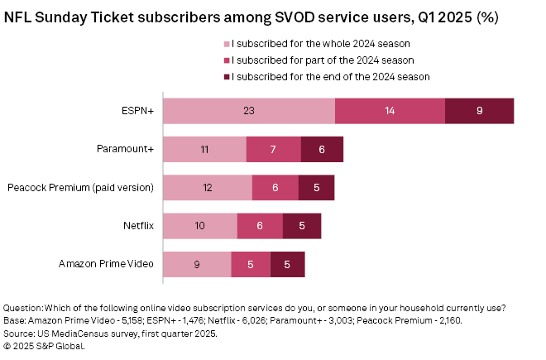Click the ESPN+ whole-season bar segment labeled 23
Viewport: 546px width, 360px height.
pos(248,111)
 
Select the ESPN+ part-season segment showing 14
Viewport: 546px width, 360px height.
pos(390,111)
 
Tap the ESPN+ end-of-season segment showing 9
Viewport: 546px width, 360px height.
pos(479,111)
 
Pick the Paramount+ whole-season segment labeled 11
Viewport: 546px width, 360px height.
pos(204,149)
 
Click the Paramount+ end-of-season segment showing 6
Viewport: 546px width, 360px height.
pos(322,149)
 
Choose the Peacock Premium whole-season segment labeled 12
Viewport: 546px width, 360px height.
pos(207,187)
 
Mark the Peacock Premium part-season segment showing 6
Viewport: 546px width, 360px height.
pos(275,187)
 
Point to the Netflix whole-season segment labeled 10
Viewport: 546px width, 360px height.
pos(199,225)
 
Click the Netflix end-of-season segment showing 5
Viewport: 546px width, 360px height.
pos(302,225)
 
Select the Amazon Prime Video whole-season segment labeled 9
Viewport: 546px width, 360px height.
pos(197,264)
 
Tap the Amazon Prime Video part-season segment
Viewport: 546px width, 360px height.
pos(251,264)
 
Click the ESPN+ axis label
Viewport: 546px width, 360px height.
pos(137,111)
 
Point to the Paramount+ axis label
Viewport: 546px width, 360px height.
pos(125,149)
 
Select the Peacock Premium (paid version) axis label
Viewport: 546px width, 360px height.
pos(80,187)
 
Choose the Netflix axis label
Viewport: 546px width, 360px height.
pos(137,225)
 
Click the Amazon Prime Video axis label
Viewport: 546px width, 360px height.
pos(106,264)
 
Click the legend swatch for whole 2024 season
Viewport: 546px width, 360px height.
pos(226,43)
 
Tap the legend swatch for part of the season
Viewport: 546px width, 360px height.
pos(226,60)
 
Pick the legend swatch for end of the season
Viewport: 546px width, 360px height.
pos(226,76)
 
